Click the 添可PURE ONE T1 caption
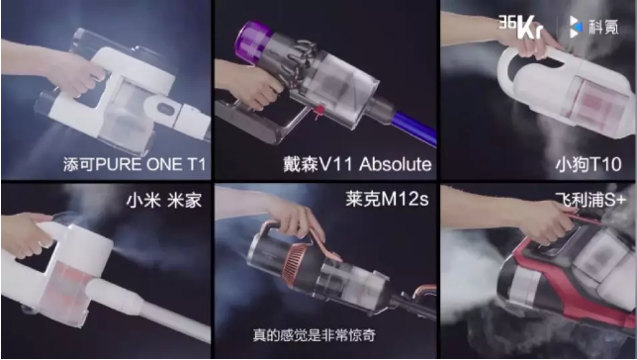click(135, 164)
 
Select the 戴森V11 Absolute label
click(357, 164)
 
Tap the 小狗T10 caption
click(589, 164)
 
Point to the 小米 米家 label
click(164, 200)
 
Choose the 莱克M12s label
click(387, 199)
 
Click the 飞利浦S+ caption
click(591, 200)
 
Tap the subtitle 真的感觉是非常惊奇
click(314, 335)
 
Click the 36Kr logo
click(521, 27)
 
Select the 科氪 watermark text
click(605, 27)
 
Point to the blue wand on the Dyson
click(414, 128)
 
